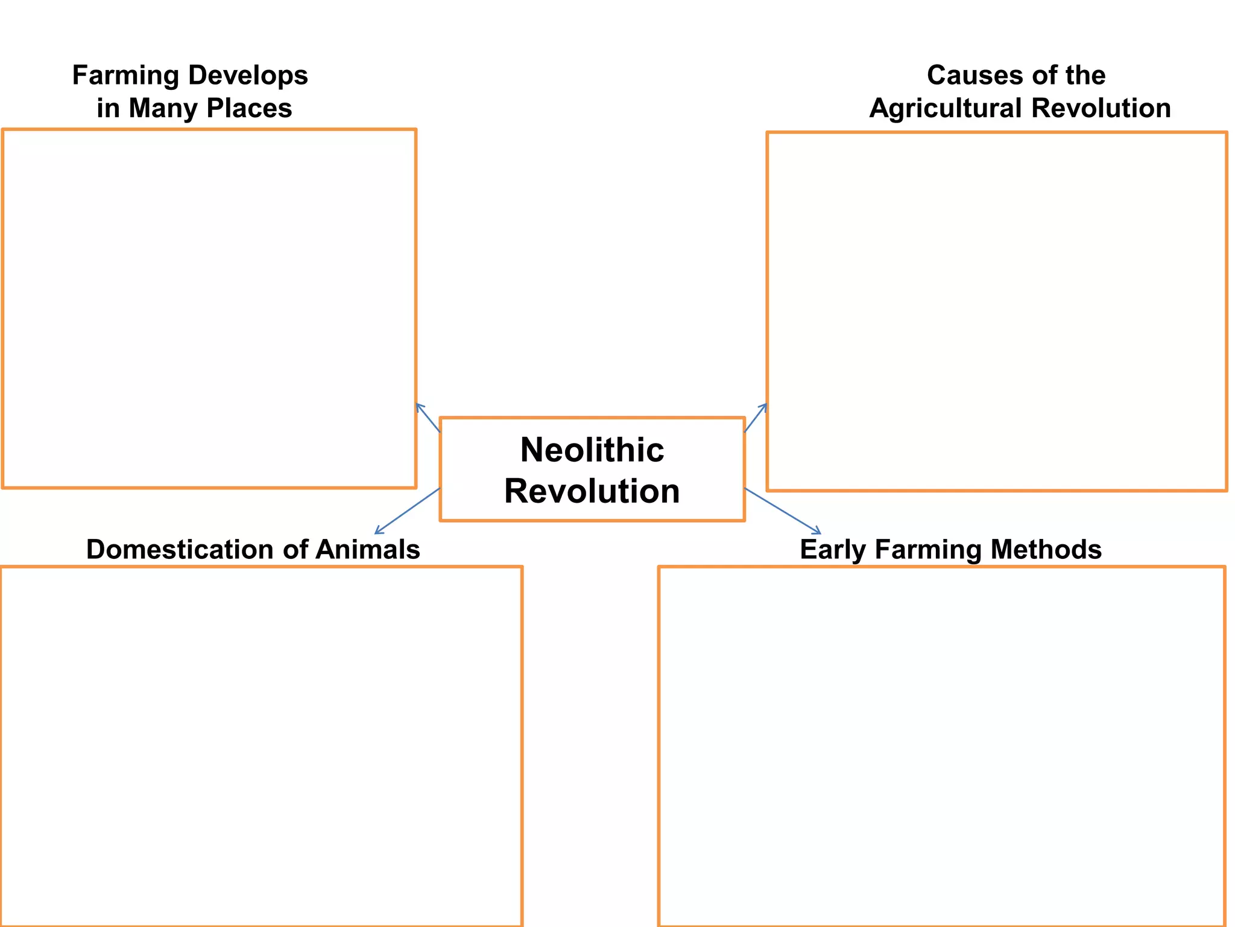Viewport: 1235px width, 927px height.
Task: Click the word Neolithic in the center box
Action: pyautogui.click(x=592, y=450)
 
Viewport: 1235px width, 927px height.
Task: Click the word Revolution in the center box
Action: pyautogui.click(x=592, y=491)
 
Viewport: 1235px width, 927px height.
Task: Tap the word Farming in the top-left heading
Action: pyautogui.click(x=125, y=75)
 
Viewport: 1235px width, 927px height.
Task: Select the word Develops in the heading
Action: pyautogui.click(x=248, y=75)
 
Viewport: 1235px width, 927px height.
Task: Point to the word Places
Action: pyautogui.click(x=249, y=109)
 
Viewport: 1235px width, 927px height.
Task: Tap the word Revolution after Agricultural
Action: pyautogui.click(x=1101, y=109)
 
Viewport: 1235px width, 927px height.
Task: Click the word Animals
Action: pyautogui.click(x=367, y=550)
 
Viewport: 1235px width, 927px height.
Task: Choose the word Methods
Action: pyautogui.click(x=1046, y=550)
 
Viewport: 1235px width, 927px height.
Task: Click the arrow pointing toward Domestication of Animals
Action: pyautogui.click(x=407, y=511)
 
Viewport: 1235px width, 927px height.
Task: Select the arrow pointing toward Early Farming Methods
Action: pyautogui.click(x=783, y=511)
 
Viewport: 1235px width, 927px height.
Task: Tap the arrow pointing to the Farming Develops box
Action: pyautogui.click(x=428, y=418)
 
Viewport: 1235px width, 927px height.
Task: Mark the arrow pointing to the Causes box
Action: pyautogui.click(x=756, y=418)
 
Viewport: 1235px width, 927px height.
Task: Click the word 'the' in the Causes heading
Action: pyautogui.click(x=1085, y=75)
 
